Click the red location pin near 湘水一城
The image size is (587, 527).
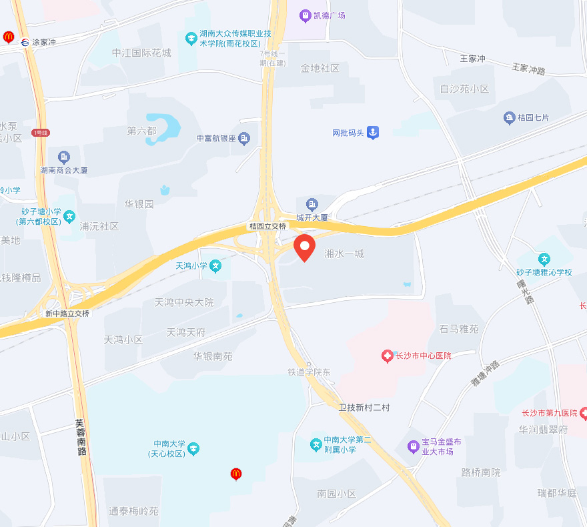tap(305, 247)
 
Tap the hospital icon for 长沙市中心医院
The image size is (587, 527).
tap(387, 356)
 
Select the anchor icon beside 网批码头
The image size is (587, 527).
tap(373, 133)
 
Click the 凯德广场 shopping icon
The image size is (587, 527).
tap(305, 15)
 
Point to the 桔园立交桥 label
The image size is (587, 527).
tap(267, 226)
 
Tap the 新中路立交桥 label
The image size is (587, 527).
tap(67, 313)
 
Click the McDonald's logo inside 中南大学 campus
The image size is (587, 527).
tap(235, 474)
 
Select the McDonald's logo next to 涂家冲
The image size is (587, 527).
tap(9, 37)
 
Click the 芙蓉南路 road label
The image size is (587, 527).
tap(81, 437)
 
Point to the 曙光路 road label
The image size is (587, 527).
tap(526, 292)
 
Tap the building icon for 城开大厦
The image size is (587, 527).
tap(312, 204)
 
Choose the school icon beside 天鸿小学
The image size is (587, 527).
tap(215, 266)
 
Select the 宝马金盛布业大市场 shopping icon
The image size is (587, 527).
tap(414, 444)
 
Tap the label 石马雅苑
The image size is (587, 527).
tap(459, 329)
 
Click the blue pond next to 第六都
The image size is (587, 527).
tap(167, 125)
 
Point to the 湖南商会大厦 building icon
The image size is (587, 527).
tap(64, 157)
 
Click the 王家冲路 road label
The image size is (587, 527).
tap(528, 69)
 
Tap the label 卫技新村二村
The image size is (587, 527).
tap(364, 407)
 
